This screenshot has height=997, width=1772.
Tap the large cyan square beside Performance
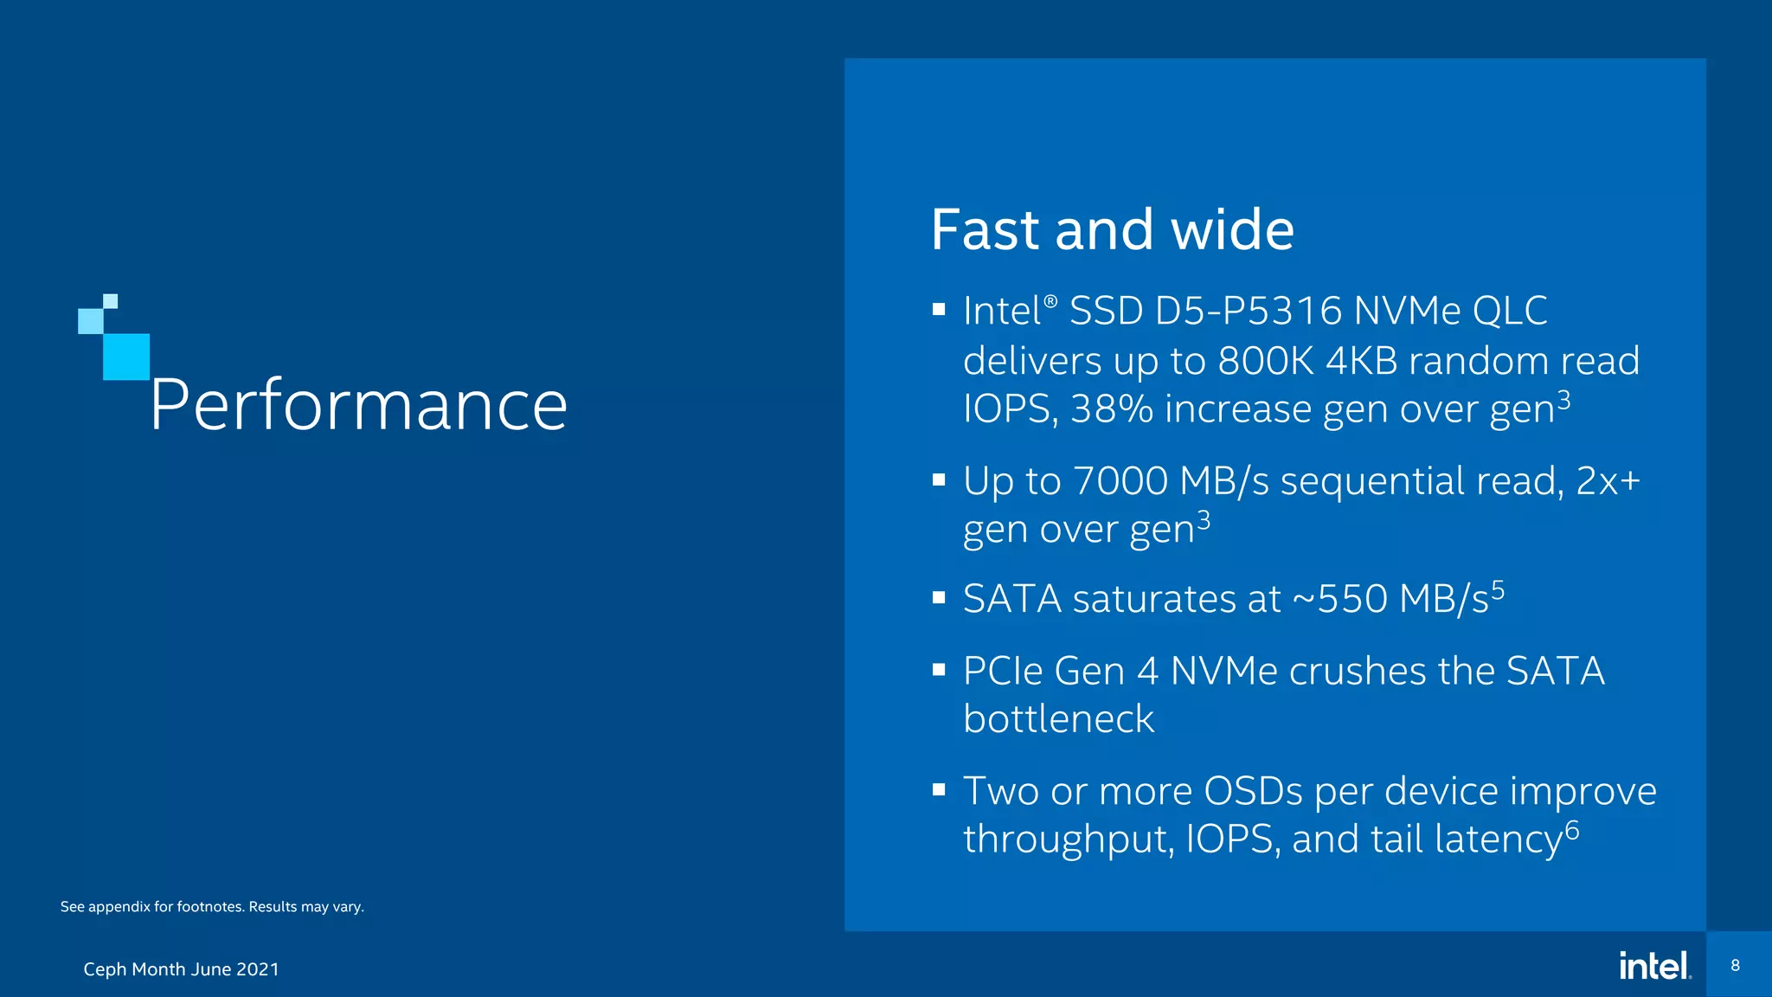pyautogui.click(x=126, y=357)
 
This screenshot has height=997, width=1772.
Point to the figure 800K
pyautogui.click(x=1266, y=361)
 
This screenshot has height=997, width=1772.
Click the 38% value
pyautogui.click(x=1111, y=409)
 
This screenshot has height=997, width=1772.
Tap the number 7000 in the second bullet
pyautogui.click(x=1120, y=481)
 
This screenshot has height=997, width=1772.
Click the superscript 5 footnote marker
pyautogui.click(x=1498, y=590)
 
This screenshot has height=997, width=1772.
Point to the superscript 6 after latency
pyautogui.click(x=1572, y=831)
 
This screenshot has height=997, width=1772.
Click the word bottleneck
pyautogui.click(x=1058, y=719)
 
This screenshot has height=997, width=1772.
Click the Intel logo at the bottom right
pyautogui.click(x=1654, y=966)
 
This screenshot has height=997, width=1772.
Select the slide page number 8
pyautogui.click(x=1735, y=965)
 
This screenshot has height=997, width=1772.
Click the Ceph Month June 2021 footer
pyautogui.click(x=181, y=969)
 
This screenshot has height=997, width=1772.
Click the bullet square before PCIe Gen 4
pyautogui.click(x=939, y=669)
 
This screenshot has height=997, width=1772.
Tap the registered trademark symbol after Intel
pyautogui.click(x=1050, y=301)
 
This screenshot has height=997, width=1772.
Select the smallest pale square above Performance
pyautogui.click(x=111, y=301)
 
